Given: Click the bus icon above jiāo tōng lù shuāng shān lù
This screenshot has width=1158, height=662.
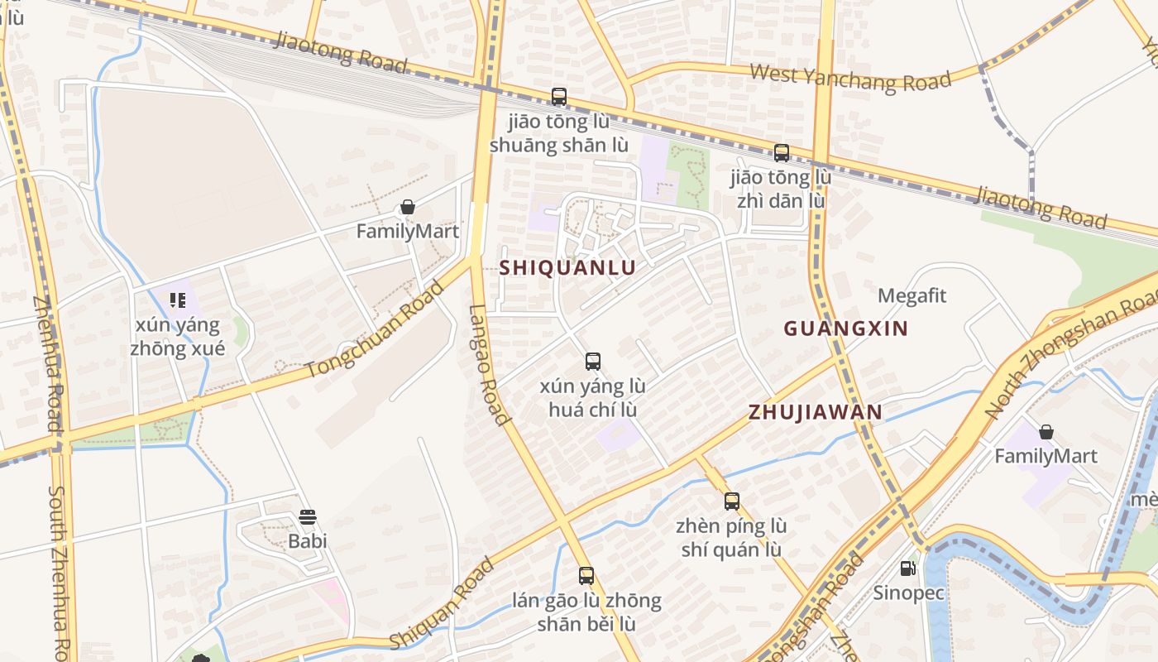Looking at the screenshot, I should click(x=559, y=97).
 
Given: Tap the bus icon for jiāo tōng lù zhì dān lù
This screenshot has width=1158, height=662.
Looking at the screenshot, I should click(x=781, y=153).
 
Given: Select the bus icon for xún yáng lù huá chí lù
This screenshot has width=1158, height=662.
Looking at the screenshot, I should click(x=592, y=362).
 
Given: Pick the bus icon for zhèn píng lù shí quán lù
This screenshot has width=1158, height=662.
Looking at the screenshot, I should click(x=731, y=501).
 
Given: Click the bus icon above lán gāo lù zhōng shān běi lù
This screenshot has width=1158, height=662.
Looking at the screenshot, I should click(x=586, y=576).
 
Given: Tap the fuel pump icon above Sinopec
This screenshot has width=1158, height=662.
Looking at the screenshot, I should click(x=907, y=568).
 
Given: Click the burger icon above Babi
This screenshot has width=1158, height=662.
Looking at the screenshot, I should click(x=308, y=518).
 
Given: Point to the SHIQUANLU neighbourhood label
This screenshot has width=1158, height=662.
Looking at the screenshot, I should click(x=567, y=267).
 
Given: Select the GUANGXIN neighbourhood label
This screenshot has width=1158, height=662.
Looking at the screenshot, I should click(x=845, y=329).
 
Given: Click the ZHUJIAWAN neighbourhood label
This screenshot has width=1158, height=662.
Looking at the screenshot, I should click(x=815, y=412).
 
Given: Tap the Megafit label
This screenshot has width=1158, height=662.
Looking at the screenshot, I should click(x=912, y=296).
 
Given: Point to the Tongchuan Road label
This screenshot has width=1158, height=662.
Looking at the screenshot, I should click(x=376, y=329).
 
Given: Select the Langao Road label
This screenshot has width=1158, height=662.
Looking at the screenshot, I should click(x=490, y=364).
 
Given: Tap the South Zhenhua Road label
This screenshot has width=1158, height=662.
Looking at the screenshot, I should click(x=60, y=571).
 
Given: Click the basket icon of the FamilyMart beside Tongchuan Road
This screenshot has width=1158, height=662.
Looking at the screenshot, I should click(x=408, y=207).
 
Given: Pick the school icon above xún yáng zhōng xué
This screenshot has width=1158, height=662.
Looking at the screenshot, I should click(x=177, y=300).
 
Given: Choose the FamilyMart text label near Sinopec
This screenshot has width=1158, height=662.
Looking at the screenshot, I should click(x=1046, y=456).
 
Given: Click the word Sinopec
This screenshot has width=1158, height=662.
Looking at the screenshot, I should click(x=908, y=593).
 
